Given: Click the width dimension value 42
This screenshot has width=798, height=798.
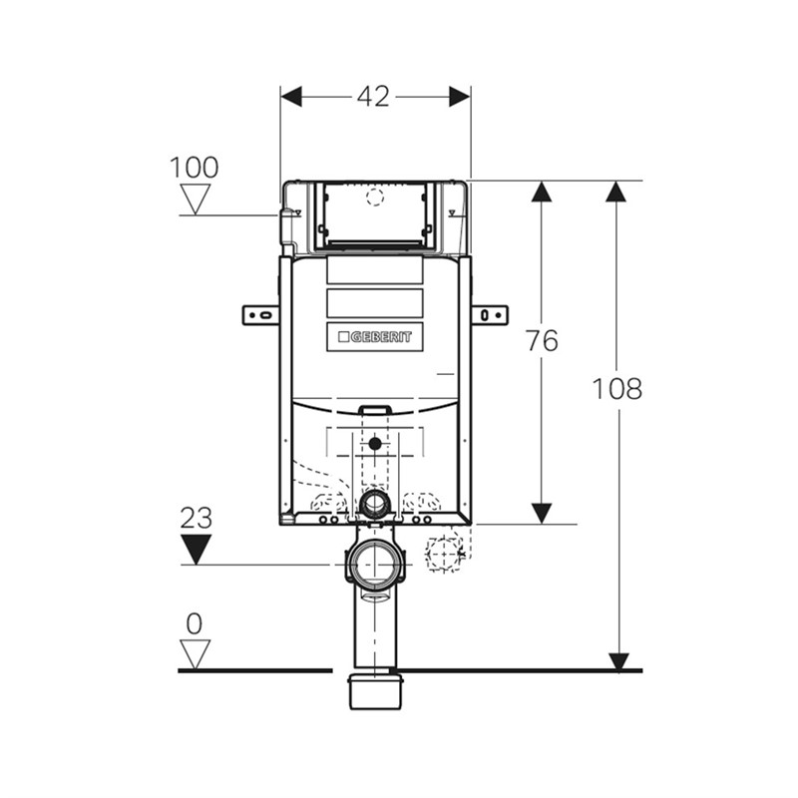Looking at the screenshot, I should click(374, 97).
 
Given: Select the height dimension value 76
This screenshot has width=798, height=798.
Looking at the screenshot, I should click(542, 340).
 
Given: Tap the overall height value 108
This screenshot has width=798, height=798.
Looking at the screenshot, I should click(617, 389).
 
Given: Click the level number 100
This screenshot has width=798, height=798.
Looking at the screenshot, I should click(194, 168).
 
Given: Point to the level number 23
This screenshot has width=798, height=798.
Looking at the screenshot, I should click(196, 517).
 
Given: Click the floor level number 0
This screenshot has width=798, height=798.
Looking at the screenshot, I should click(195, 624).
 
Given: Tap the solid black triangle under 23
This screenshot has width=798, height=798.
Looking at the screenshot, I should click(196, 549).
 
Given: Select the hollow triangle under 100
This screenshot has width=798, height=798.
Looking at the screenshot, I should click(196, 199).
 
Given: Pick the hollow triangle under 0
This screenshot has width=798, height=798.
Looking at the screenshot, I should click(196, 653).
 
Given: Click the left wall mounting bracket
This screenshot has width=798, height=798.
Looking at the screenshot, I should click(260, 315).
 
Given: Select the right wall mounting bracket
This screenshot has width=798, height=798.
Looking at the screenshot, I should click(489, 315).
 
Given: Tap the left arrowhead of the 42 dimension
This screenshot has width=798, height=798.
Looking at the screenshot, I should click(291, 97).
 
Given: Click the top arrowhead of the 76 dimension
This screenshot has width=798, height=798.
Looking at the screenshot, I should click(542, 192).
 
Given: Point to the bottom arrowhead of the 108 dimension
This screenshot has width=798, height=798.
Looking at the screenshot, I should click(617, 660).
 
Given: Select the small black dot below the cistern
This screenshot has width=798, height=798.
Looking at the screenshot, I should click(374, 443).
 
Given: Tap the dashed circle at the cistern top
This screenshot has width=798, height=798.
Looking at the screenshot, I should click(374, 197).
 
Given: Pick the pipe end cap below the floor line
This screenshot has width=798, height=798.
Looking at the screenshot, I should click(375, 691).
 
